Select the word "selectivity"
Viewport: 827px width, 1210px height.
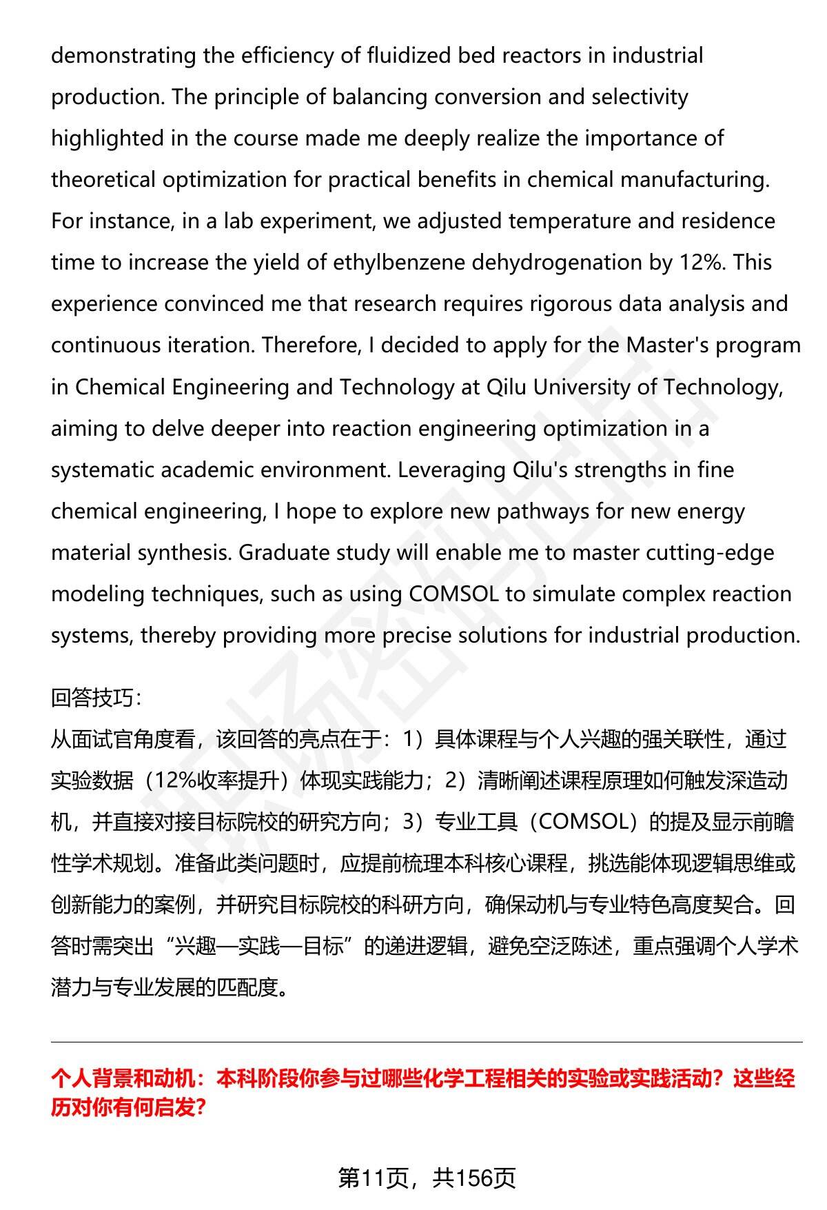pos(640,97)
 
